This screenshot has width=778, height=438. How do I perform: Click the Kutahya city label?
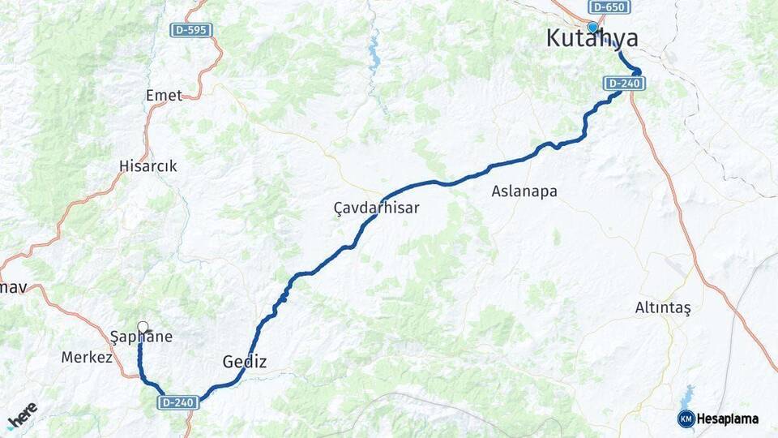tap(592, 38)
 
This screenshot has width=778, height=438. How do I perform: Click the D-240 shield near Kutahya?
tap(623, 83)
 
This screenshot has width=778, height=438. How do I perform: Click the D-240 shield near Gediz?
tap(177, 401)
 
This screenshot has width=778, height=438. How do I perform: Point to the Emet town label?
tap(164, 96)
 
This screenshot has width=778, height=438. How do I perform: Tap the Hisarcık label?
tap(147, 166)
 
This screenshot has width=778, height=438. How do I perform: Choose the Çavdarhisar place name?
tap(377, 208)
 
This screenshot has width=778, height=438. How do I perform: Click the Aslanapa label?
tap(524, 191)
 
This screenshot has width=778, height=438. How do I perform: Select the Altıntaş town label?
tap(663, 308)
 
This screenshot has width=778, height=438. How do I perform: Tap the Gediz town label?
tap(244, 362)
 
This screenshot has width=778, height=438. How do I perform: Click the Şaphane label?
tap(141, 337)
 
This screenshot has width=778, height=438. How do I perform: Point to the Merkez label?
tap(87, 357)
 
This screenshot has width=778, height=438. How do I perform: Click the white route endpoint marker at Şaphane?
tap(143, 328)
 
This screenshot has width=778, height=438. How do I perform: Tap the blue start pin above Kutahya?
tap(592, 27)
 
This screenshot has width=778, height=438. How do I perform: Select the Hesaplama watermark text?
tap(728, 419)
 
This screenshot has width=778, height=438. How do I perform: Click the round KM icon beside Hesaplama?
tap(686, 419)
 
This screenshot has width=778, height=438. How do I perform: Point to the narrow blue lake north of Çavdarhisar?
tap(374, 57)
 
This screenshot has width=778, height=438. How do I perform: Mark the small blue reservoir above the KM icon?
tap(687, 397)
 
